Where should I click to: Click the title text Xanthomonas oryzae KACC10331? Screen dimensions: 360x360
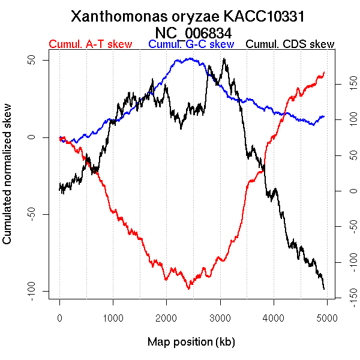[191, 16]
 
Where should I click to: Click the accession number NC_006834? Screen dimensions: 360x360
[191, 32]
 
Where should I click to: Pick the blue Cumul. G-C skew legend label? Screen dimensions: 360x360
[191, 44]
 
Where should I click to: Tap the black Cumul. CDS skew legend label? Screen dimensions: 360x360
[290, 44]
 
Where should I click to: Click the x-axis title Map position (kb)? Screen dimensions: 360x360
[191, 343]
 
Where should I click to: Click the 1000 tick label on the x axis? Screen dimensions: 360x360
[113, 319]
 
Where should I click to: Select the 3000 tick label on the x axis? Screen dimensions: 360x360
[220, 319]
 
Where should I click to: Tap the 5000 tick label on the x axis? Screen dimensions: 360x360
[327, 319]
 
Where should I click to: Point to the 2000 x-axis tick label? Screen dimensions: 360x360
[166, 319]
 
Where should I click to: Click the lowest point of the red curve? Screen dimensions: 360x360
[189, 289]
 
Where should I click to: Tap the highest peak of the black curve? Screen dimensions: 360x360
[224, 59]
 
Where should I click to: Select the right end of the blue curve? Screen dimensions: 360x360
[324, 116]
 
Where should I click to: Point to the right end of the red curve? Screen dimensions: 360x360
[324, 72]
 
